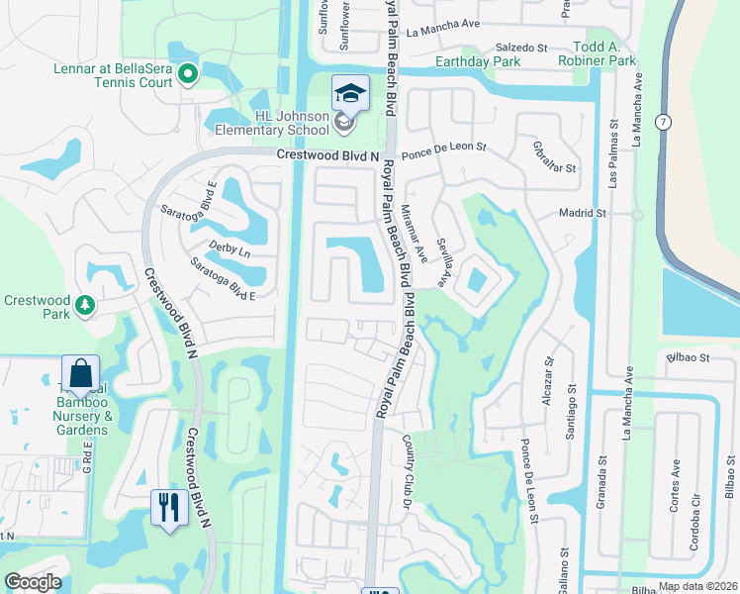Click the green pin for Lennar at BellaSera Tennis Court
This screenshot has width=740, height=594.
pyautogui.click(x=185, y=74)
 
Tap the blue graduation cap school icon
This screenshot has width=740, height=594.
pyautogui.click(x=349, y=93)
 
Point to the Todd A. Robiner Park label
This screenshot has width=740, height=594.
pyautogui.click(x=604, y=53)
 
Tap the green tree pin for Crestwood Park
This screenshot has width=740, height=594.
pyautogui.click(x=86, y=304)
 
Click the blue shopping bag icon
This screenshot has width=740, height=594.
pyautogui.click(x=80, y=374)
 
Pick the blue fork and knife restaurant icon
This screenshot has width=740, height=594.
pyautogui.click(x=169, y=508)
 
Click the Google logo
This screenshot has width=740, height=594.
pyautogui.click(x=33, y=582)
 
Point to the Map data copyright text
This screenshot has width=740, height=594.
pyautogui.click(x=695, y=586)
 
